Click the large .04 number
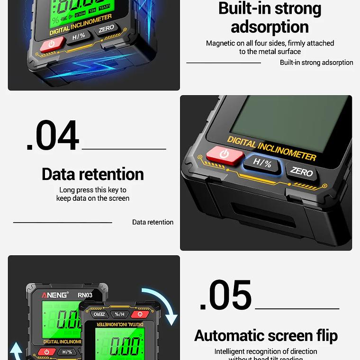(x=53, y=136)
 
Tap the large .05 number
(x=225, y=296)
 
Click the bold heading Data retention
(x=92, y=174)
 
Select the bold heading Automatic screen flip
(x=266, y=336)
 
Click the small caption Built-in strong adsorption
(x=316, y=63)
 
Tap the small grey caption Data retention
(x=153, y=222)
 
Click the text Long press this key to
(x=93, y=189)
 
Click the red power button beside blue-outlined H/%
(x=225, y=154)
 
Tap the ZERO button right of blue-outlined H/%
(x=302, y=171)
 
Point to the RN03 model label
(x=85, y=295)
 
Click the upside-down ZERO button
(x=99, y=314)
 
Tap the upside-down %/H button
(x=119, y=314)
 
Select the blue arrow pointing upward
(x=17, y=352)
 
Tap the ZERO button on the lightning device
(x=106, y=29)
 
